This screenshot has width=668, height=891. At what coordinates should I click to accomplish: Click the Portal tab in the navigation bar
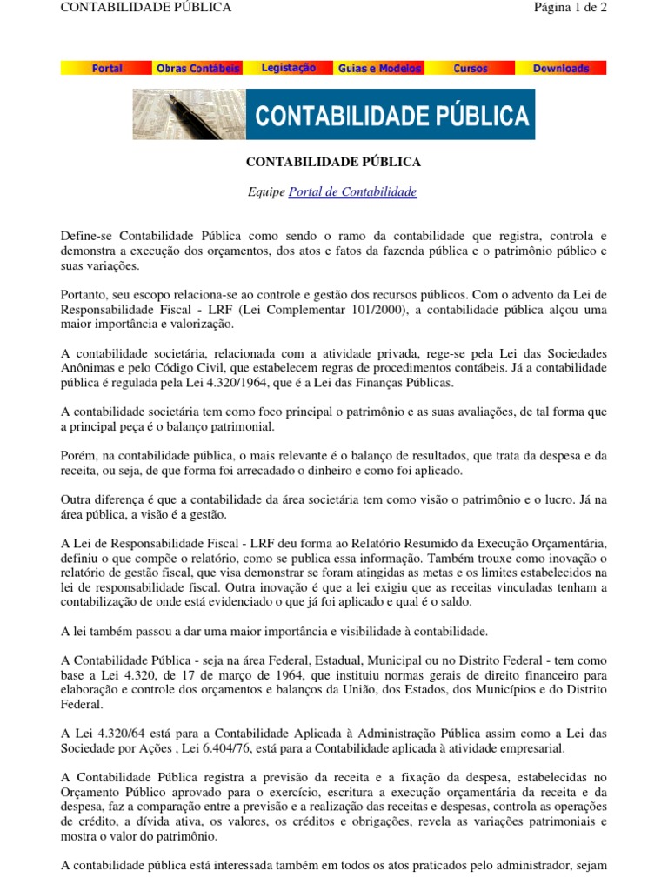(107, 68)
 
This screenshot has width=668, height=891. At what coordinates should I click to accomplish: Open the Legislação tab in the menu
(289, 68)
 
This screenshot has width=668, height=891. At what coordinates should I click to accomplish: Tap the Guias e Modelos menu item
(379, 68)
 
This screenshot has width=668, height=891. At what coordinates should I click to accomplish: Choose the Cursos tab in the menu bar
(471, 68)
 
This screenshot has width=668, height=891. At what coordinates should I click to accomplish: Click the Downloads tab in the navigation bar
(561, 68)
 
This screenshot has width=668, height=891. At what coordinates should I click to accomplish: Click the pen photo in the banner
(189, 114)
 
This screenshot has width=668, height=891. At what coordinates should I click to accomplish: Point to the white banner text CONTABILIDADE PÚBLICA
(391, 115)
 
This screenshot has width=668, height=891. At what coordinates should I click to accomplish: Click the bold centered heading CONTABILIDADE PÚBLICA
(333, 162)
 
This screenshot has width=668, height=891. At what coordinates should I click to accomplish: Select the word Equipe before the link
(266, 191)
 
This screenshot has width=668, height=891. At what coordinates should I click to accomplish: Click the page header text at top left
(146, 8)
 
